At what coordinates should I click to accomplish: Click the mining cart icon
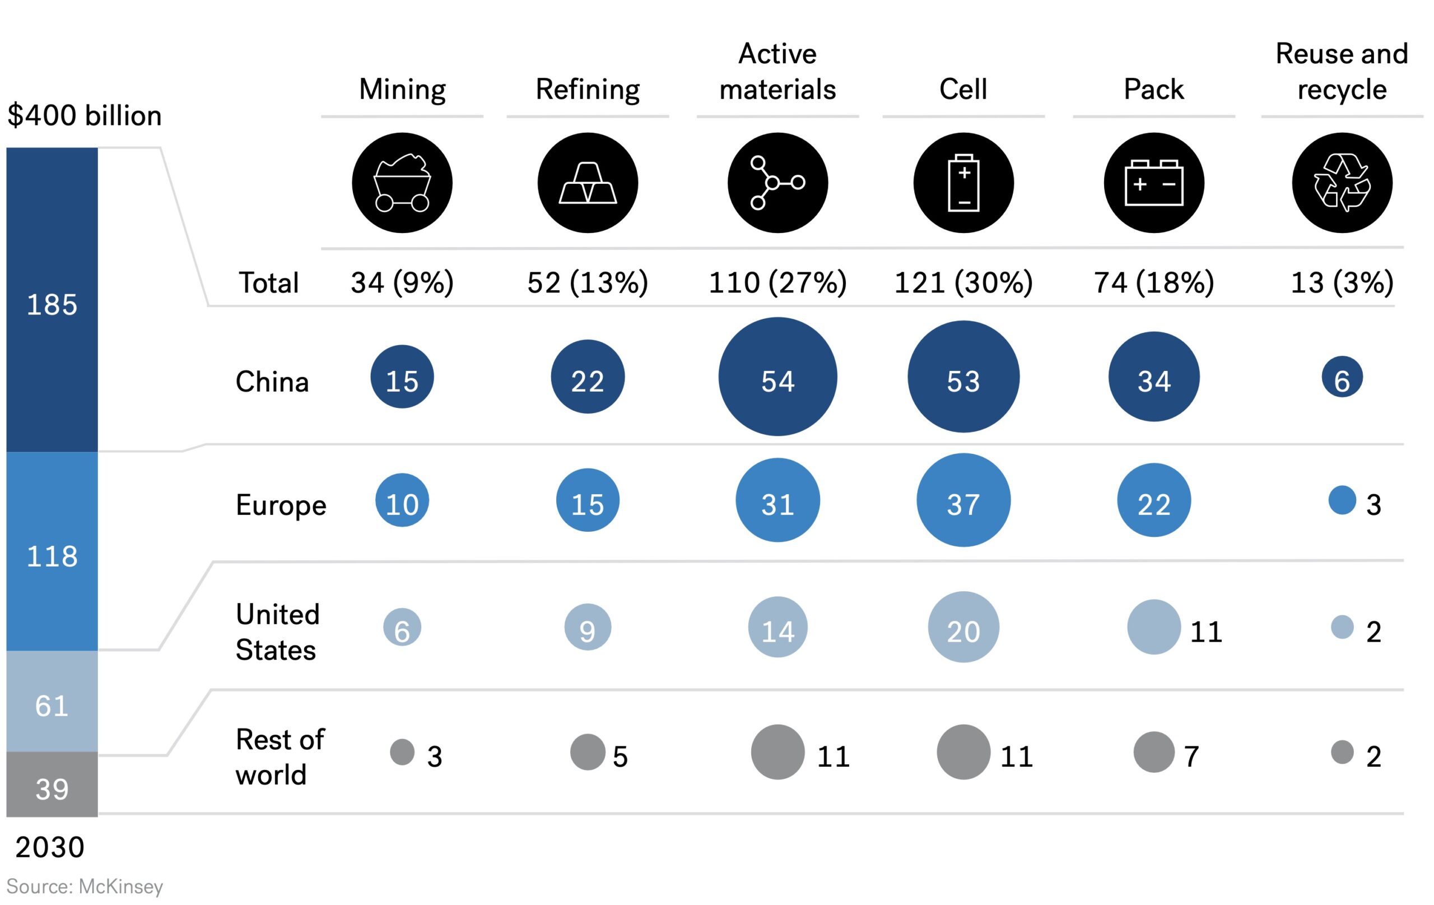[402, 183]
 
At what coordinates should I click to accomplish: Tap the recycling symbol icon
[1342, 183]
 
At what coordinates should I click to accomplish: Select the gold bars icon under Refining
[588, 183]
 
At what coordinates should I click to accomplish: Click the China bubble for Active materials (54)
[777, 377]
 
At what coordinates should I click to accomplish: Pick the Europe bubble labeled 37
[963, 500]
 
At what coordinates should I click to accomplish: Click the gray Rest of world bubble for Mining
[402, 752]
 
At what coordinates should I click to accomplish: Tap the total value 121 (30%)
[963, 282]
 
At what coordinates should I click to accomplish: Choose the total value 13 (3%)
[1342, 282]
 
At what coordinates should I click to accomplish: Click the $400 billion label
[85, 115]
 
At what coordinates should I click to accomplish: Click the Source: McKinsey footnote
[85, 887]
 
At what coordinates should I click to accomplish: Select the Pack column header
[1153, 89]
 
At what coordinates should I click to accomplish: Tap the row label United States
[277, 632]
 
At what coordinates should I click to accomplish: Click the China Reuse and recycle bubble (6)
[1342, 377]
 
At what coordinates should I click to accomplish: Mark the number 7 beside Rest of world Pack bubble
[1191, 757]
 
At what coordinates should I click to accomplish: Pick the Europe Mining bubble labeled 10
[402, 500]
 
